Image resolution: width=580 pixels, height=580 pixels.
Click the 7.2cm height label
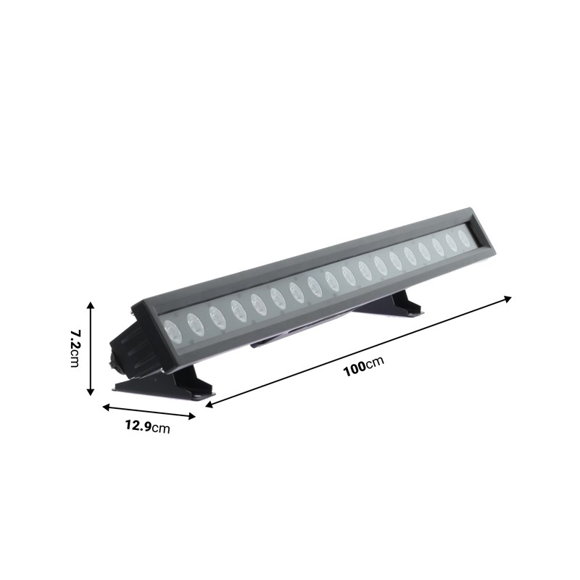[74, 348]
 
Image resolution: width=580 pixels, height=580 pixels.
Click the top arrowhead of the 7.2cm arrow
[90, 304]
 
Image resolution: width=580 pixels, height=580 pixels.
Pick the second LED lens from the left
[195, 323]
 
